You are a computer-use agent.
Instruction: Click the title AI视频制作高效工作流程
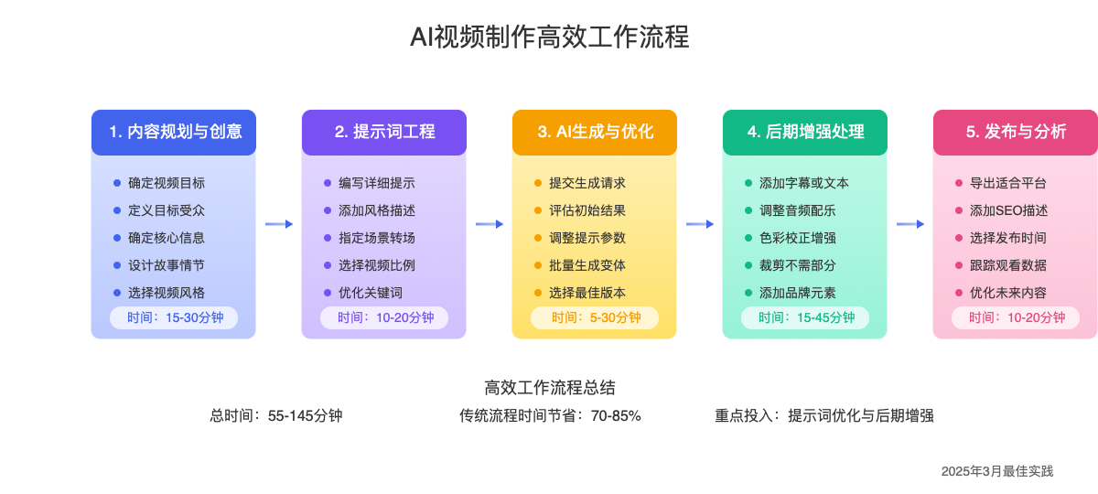click(549, 38)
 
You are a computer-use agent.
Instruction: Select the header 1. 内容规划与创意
click(174, 132)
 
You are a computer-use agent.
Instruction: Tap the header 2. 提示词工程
click(384, 132)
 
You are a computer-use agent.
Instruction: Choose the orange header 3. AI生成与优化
click(595, 132)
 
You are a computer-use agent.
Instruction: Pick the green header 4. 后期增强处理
click(805, 132)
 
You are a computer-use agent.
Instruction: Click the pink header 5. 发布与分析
click(1016, 132)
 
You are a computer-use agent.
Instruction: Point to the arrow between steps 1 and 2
click(279, 224)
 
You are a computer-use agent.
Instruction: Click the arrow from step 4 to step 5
click(910, 224)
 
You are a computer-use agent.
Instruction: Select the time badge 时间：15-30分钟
click(174, 317)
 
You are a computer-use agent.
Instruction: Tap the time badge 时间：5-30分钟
click(595, 317)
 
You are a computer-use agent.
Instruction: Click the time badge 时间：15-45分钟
click(805, 317)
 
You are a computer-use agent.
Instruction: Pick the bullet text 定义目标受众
click(167, 210)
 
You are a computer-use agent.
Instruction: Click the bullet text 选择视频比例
click(377, 265)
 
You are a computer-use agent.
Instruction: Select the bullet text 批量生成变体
click(587, 265)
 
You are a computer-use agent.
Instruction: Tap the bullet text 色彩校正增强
click(798, 238)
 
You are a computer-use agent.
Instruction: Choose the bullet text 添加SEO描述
click(1008, 210)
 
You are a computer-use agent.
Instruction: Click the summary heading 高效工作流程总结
click(549, 388)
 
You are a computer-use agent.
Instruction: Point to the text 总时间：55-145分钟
click(276, 416)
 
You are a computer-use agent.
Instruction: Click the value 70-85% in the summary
click(616, 416)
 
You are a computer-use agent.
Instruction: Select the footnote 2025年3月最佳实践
click(997, 471)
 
